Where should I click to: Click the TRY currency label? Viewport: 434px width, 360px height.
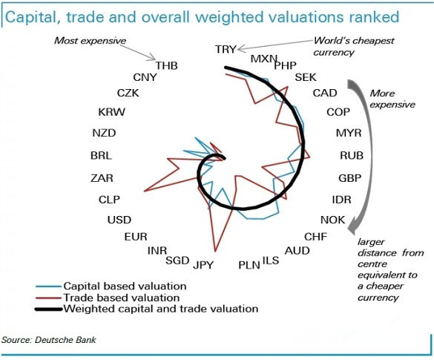tap(226, 49)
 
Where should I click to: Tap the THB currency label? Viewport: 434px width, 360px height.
tap(166, 65)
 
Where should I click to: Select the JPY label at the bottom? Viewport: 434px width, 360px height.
tap(203, 265)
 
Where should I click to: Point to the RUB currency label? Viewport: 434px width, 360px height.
tap(352, 155)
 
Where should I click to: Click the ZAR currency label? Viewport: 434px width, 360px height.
tap(102, 178)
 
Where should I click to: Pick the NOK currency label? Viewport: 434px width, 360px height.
tap(332, 220)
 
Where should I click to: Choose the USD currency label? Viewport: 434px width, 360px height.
tap(119, 220)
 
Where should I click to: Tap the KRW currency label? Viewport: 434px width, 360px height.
tap(112, 112)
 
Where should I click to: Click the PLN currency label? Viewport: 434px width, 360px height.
tap(249, 265)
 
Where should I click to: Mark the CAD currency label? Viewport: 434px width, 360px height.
tap(325, 93)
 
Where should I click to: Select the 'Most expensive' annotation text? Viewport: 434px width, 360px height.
tap(91, 41)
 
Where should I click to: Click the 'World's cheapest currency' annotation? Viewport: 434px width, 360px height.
tap(354, 47)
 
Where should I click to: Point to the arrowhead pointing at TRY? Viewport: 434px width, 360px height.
tap(240, 49)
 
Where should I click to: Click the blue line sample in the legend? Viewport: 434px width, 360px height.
tap(48, 287)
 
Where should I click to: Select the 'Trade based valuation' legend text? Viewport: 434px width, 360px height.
tap(122, 298)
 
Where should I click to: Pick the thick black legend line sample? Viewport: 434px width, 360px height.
tap(49, 309)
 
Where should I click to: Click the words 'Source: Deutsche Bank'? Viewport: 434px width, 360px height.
tap(49, 340)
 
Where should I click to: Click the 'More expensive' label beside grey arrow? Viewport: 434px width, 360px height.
tap(392, 99)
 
